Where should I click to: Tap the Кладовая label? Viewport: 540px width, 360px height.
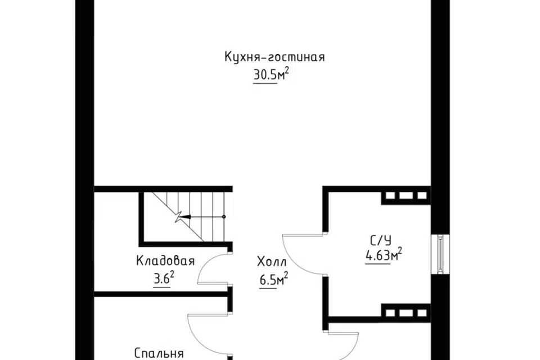(165, 261)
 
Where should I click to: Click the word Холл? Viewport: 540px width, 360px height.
(272, 262)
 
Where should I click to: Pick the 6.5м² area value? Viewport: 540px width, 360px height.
(274, 280)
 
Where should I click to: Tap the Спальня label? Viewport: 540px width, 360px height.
(159, 353)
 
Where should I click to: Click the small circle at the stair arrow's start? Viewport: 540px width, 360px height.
(224, 217)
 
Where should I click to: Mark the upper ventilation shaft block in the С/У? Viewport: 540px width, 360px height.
(405, 197)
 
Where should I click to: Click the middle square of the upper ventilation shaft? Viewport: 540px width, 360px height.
(405, 197)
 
